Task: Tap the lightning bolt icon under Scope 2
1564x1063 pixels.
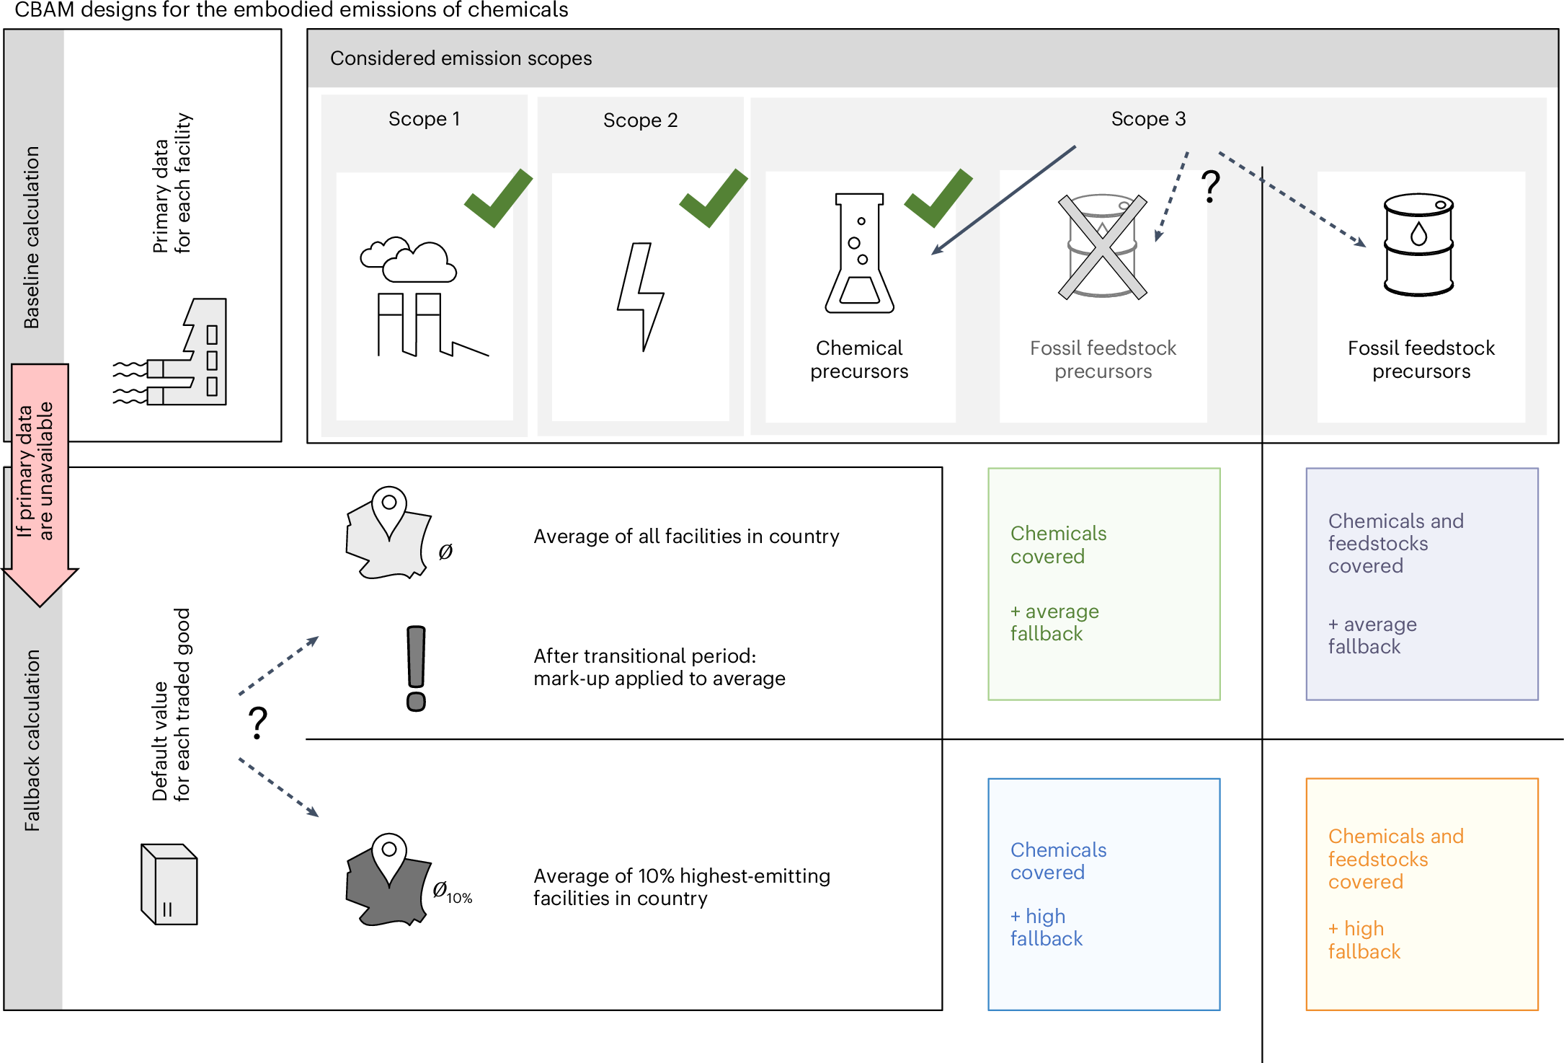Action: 641,296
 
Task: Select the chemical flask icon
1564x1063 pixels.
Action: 859,253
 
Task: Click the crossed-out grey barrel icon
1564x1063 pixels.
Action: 1102,247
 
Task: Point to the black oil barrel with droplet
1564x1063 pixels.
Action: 1418,244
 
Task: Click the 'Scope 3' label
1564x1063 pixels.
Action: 1148,119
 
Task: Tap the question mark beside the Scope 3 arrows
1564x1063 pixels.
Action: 1210,185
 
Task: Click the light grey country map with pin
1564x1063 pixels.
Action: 388,534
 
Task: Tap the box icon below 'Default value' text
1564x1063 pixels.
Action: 169,884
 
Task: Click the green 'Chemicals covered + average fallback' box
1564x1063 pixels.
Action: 1103,584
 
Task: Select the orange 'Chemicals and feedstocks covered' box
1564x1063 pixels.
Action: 1421,894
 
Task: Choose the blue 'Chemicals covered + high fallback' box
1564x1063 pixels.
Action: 1103,894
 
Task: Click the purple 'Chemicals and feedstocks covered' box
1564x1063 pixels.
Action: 1421,584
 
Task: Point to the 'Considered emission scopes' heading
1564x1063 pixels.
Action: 461,58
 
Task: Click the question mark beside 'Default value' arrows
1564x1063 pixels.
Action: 258,723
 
